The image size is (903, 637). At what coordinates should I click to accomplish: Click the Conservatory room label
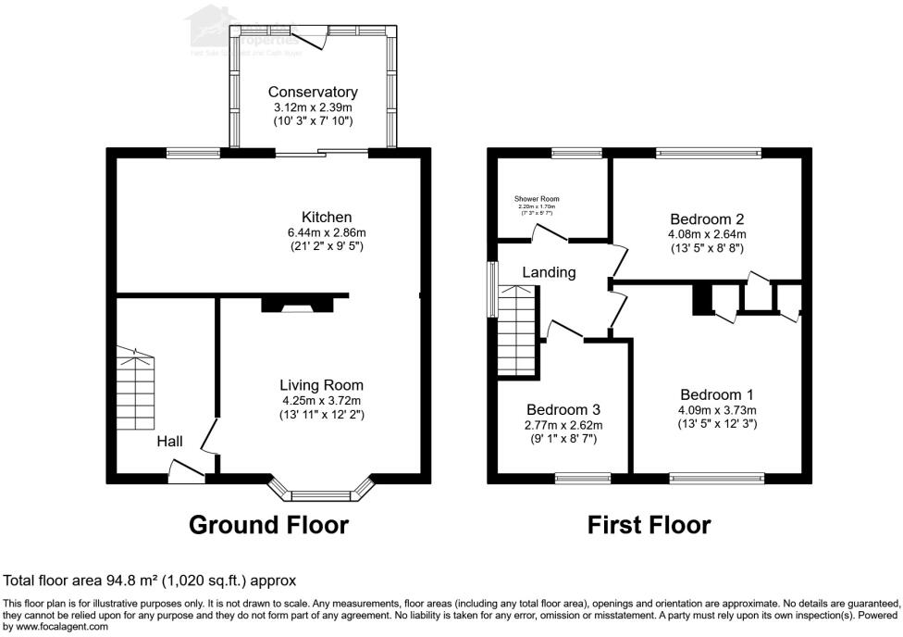(x=313, y=92)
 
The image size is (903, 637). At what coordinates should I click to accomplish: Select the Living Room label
(x=321, y=385)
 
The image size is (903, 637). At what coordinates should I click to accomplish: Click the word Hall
(x=169, y=442)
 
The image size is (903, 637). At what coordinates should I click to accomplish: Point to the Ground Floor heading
(x=268, y=525)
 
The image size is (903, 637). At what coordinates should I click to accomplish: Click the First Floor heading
(x=649, y=525)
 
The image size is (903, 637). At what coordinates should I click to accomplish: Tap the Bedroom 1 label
(x=717, y=393)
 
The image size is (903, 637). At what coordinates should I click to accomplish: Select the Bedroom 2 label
(x=707, y=219)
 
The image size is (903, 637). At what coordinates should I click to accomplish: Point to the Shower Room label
(x=537, y=199)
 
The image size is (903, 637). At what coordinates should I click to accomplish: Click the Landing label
(x=549, y=272)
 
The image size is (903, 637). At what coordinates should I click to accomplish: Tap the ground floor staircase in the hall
(x=136, y=388)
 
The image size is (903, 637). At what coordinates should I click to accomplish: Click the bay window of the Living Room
(x=321, y=490)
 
